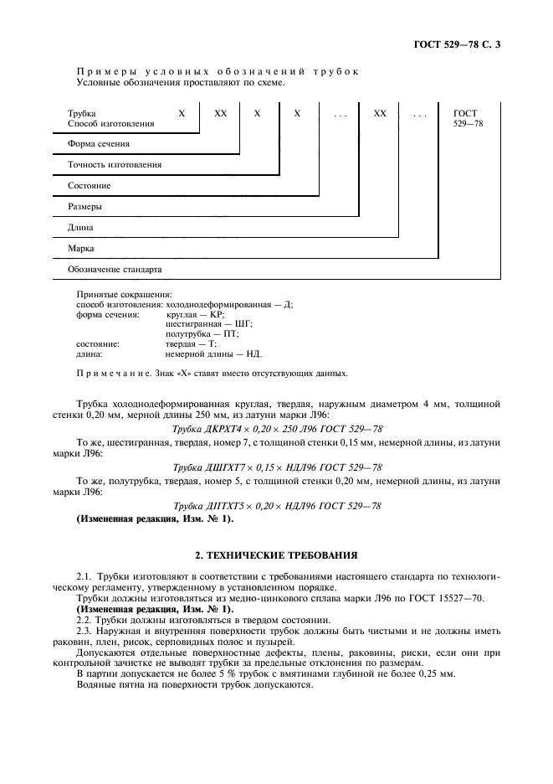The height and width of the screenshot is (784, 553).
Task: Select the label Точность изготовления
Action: (115, 165)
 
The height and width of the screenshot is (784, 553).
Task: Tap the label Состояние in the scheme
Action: (89, 185)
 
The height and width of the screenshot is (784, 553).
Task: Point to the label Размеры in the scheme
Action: (85, 206)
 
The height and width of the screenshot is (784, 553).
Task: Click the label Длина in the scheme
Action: (80, 227)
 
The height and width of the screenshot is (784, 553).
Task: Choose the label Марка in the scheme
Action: (81, 248)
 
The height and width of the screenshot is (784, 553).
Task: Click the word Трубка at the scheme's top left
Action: (81, 113)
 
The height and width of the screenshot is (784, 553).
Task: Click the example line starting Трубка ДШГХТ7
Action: (277, 467)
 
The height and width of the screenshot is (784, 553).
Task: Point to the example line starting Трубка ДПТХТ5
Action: (277, 506)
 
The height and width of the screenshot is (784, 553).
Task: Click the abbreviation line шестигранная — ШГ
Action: (209, 323)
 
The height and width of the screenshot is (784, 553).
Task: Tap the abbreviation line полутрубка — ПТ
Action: (202, 333)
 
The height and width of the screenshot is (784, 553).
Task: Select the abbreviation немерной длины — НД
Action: (213, 353)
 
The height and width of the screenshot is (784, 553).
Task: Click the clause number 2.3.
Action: (83, 629)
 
